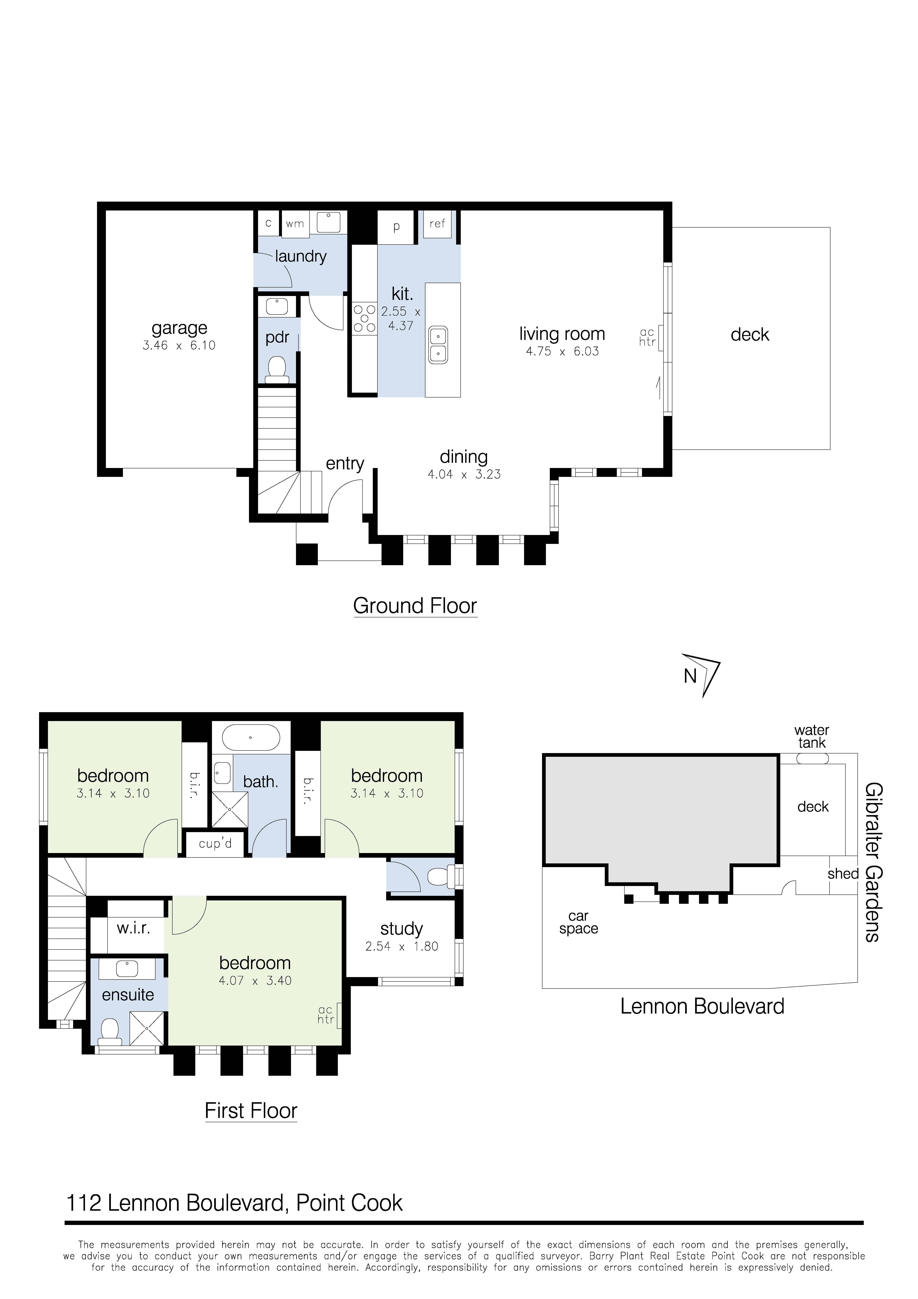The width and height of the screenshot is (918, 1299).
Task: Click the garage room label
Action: pyautogui.click(x=179, y=328)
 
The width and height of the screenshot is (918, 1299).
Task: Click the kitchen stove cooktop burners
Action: pyautogui.click(x=364, y=319)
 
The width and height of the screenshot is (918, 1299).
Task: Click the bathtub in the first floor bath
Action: pyautogui.click(x=251, y=738)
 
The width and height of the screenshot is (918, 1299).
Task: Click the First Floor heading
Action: pyautogui.click(x=251, y=1111)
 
